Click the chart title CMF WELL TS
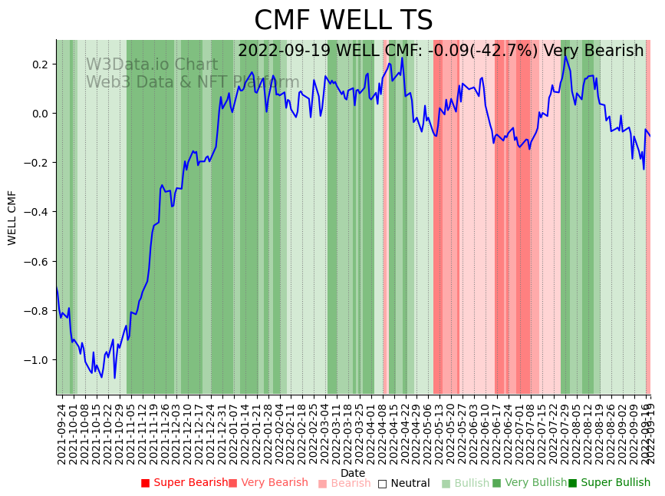pos(343,21)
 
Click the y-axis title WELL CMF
pos(12,217)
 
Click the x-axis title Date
pos(353,473)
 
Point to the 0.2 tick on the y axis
pos(39,64)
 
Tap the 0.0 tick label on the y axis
pos(39,114)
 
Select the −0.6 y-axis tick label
pos(37,262)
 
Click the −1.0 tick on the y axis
pos(37,360)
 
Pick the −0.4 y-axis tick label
pos(37,212)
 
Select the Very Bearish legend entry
pos(268,483)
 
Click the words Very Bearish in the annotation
pos(593,51)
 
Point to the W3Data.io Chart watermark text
pos(151,64)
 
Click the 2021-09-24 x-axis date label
pos(62,433)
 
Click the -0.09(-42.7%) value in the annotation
pos(486,51)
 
